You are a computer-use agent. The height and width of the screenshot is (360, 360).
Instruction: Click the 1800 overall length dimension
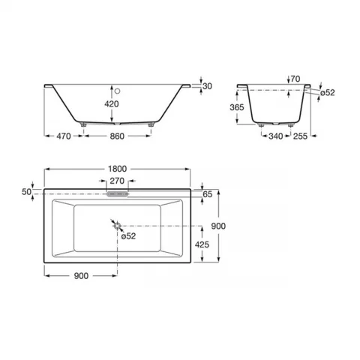click(117, 169)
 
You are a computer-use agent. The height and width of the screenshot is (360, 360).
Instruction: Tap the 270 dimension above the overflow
click(117, 181)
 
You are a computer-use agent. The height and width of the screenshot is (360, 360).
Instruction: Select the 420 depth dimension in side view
click(112, 103)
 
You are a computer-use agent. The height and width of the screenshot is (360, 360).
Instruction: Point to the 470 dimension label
click(64, 136)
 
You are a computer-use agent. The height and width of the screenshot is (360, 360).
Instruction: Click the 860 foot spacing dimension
click(117, 136)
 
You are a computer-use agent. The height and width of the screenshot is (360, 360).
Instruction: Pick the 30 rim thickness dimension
click(207, 86)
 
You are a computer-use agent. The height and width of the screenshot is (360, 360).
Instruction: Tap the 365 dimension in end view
click(237, 107)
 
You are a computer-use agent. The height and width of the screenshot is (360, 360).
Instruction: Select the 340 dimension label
click(276, 136)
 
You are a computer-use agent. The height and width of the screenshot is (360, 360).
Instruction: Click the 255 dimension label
click(300, 136)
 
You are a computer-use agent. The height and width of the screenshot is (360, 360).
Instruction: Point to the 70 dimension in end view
click(295, 79)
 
